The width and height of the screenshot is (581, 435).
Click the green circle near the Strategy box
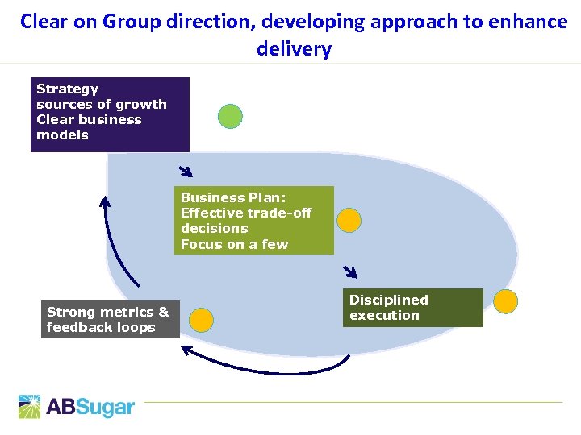tap(231, 116)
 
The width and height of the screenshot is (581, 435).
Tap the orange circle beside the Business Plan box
tap(349, 220)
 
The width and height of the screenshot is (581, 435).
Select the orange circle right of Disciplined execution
tap(506, 301)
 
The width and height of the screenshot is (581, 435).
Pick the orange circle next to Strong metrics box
tap(202, 320)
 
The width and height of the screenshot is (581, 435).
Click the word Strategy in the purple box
tap(67, 89)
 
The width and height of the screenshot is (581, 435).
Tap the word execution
tap(384, 316)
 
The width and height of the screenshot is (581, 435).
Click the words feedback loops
tap(101, 328)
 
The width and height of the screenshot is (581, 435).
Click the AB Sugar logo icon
tap(30, 407)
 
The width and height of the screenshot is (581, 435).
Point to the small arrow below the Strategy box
tap(186, 171)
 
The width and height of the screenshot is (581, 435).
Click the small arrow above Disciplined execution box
tap(349, 272)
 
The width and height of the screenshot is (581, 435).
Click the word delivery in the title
tap(294, 49)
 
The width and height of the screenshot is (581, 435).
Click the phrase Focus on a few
tap(234, 244)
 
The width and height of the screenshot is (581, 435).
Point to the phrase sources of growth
tap(102, 104)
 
